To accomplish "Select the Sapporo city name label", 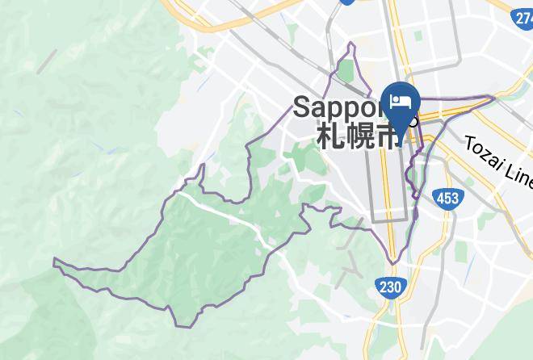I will [339, 107].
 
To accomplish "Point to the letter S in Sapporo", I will [302, 107].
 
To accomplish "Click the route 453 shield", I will [447, 199].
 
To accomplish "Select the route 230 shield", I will [388, 287].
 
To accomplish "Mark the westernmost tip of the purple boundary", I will [54, 261].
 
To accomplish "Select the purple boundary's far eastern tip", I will [493, 98].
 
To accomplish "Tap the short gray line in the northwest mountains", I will [46, 61].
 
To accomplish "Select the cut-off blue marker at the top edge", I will [348, 2].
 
